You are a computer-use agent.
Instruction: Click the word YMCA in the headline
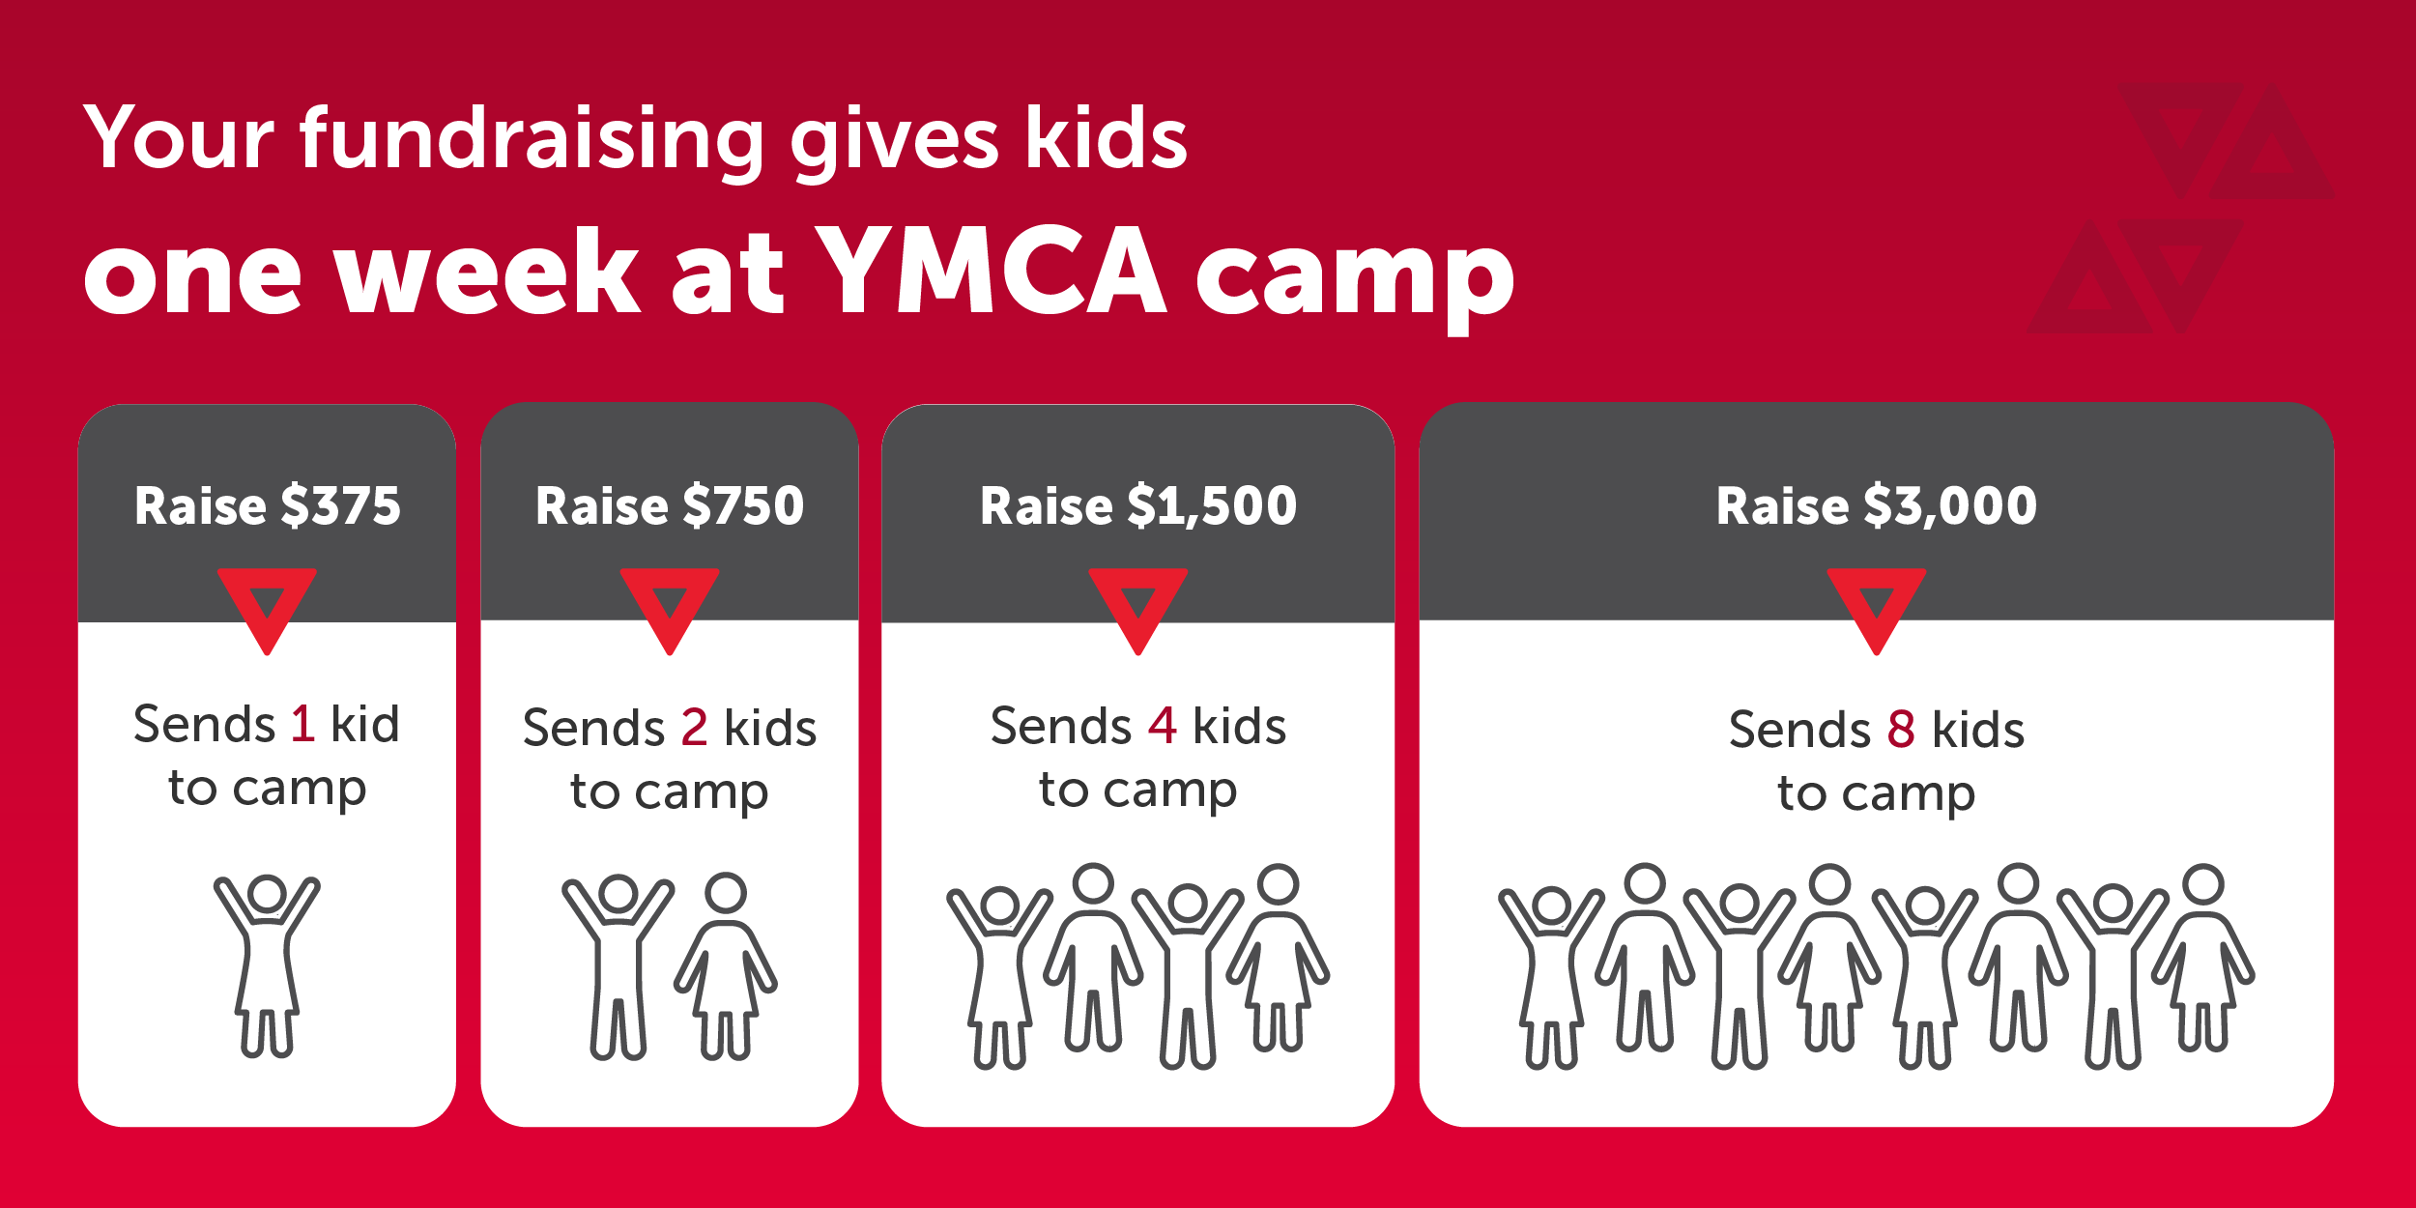[x=991, y=270]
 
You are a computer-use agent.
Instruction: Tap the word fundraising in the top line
[x=532, y=141]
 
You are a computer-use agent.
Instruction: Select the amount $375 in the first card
[x=340, y=505]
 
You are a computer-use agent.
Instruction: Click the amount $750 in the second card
[x=743, y=505]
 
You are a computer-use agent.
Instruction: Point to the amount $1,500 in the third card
[x=1212, y=506]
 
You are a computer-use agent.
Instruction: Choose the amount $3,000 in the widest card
[x=1950, y=506]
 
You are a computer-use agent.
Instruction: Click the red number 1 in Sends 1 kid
[x=302, y=724]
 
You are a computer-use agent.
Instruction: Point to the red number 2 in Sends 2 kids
[x=694, y=728]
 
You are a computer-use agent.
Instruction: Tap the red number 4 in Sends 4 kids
[x=1162, y=726]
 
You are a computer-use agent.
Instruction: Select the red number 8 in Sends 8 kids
[x=1901, y=730]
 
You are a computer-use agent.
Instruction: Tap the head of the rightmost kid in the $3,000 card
[x=2203, y=884]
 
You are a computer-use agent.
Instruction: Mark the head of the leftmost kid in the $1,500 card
[x=999, y=906]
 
